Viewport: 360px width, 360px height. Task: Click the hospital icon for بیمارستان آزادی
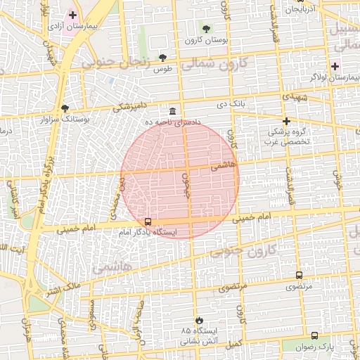tap(72, 14)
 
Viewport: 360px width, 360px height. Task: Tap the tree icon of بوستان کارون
tap(205, 29)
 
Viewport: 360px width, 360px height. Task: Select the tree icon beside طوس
tap(163, 57)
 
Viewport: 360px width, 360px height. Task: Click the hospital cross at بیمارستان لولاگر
tap(335, 67)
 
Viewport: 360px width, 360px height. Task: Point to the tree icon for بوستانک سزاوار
tap(65, 108)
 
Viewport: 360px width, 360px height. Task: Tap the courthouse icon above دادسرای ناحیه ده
tap(173, 111)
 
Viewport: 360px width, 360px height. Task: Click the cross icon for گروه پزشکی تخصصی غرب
tap(286, 121)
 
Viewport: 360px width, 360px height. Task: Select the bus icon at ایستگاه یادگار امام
tap(147, 221)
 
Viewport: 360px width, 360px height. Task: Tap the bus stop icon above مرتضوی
tap(299, 275)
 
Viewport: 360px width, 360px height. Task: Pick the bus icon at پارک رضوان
tap(314, 335)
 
